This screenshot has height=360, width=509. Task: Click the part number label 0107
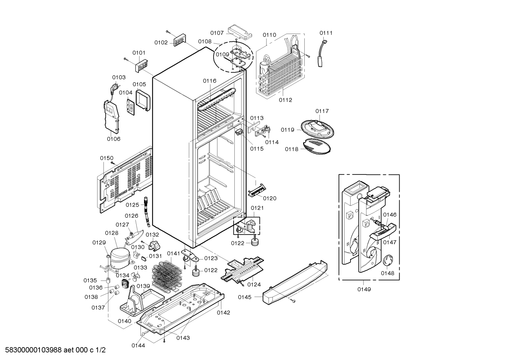tap(217, 33)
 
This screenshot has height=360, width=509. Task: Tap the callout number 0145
tap(245, 297)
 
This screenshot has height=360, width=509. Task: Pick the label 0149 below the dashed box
tap(364, 289)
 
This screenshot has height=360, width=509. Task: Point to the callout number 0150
tap(107, 158)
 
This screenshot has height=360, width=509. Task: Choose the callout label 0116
tap(210, 81)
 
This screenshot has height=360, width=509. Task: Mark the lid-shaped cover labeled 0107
tap(240, 32)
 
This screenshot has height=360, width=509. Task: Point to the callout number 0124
tap(254, 284)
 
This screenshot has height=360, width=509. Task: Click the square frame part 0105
tap(143, 100)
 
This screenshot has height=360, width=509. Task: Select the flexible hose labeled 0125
tap(146, 212)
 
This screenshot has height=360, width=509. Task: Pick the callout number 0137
tap(98, 308)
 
